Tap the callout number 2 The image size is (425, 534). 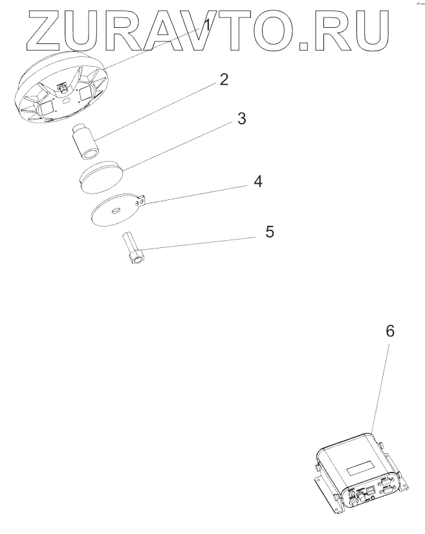click(223, 80)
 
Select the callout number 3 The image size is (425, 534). click(241, 119)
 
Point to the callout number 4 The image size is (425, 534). click(257, 181)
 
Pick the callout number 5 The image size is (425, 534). click(269, 231)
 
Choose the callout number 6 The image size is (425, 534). click(389, 331)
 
